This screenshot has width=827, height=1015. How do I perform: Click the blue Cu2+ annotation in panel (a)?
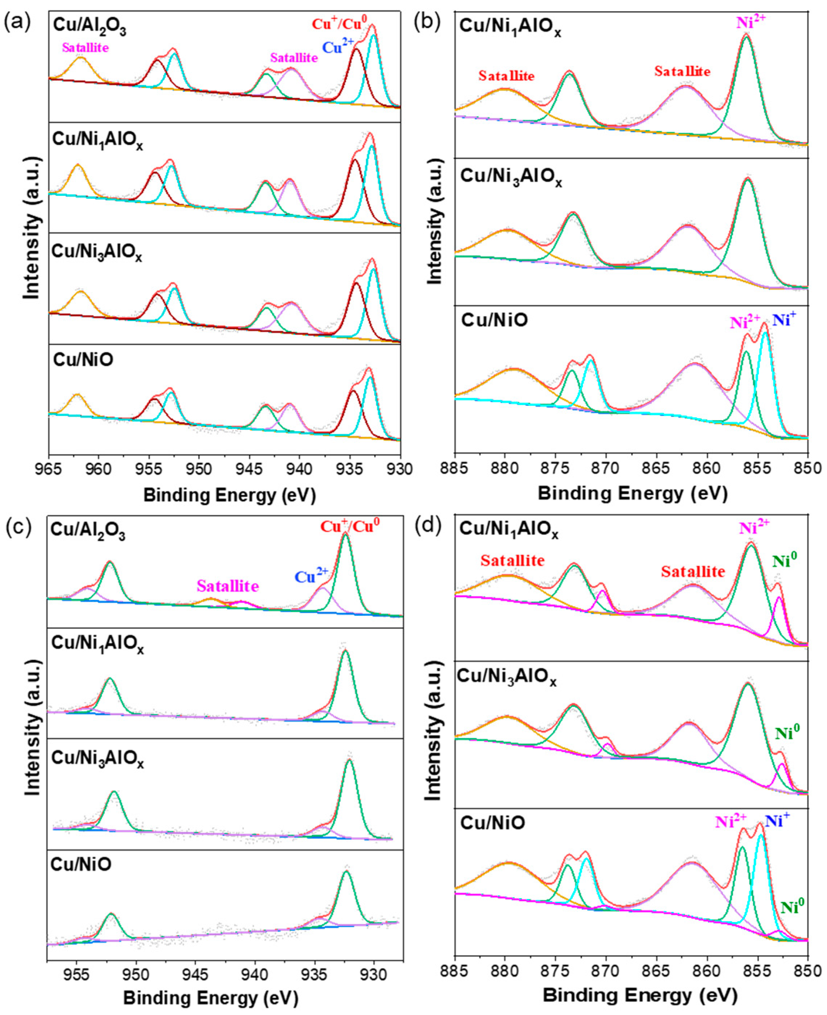[x=338, y=46]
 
